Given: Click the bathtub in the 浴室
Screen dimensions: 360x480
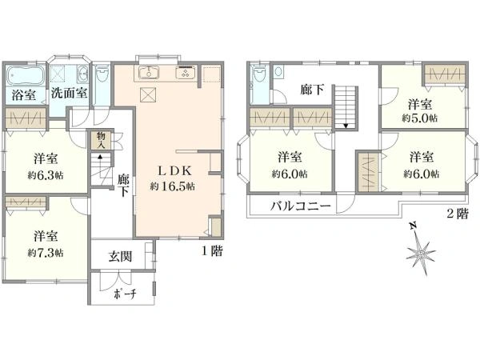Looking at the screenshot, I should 26,78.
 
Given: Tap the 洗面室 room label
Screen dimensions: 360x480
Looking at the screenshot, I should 69,93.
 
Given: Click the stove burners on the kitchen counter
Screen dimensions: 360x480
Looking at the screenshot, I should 185,74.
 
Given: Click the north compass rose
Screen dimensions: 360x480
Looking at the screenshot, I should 419,254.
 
